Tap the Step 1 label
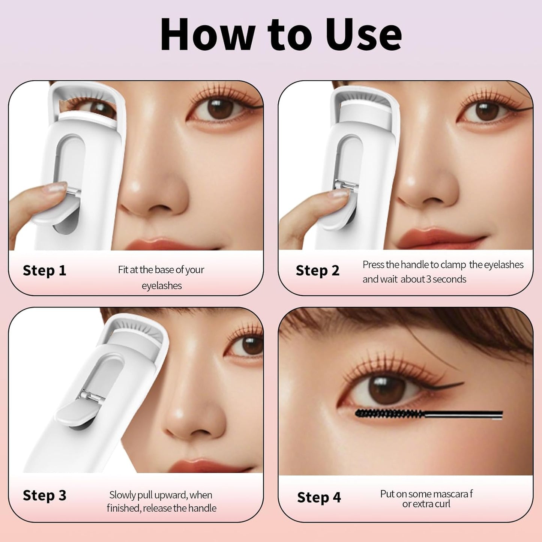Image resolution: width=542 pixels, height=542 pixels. point(44,270)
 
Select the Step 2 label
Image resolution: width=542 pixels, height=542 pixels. point(317,270)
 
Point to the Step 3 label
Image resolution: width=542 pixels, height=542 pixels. point(44,495)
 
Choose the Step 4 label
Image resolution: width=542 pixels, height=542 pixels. point(319,497)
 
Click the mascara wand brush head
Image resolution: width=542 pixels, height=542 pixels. point(388,414)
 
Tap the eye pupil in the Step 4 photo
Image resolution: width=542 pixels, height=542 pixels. point(383,390)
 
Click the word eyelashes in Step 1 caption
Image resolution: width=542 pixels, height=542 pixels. point(162,286)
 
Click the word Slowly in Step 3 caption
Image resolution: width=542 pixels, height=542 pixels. point(123,495)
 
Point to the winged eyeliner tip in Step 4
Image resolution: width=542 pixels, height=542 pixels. point(462,383)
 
